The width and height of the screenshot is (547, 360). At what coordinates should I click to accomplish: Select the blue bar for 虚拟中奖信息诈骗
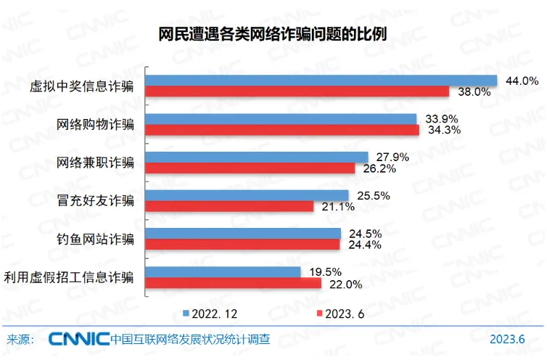coord(321,81)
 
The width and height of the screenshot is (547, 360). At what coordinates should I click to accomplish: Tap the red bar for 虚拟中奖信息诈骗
coord(297,91)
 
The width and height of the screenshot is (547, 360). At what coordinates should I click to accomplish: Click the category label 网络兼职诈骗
coord(95,163)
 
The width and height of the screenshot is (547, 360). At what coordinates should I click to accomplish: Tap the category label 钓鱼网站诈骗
coord(95,240)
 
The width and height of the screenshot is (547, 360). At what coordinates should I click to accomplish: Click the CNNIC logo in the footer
coord(78,339)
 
